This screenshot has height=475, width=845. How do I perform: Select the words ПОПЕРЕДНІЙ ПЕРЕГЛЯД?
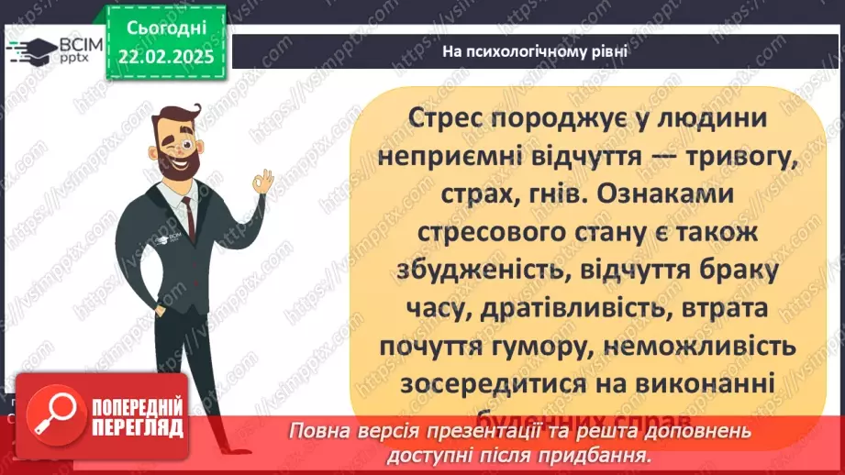(136, 417)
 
